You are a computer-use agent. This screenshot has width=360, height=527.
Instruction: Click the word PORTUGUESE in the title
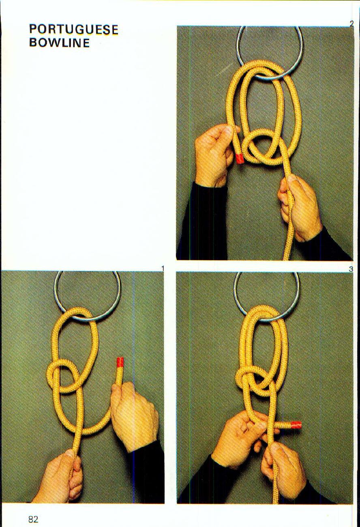click(x=73, y=29)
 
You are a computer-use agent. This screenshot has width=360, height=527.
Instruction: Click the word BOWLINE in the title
click(x=59, y=43)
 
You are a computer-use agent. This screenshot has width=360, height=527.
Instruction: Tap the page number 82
click(x=33, y=519)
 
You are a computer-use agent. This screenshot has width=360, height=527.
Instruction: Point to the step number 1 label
click(x=162, y=268)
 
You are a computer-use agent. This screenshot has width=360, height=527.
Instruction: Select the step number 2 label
click(x=351, y=24)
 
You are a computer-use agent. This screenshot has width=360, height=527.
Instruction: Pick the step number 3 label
click(x=351, y=269)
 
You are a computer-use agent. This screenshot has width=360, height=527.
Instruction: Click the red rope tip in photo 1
click(x=120, y=362)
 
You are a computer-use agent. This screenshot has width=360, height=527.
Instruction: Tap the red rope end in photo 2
click(x=240, y=158)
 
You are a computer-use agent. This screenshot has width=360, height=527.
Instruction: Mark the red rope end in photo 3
click(x=296, y=425)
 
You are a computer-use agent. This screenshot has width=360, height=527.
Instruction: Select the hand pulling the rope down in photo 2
click(x=300, y=207)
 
